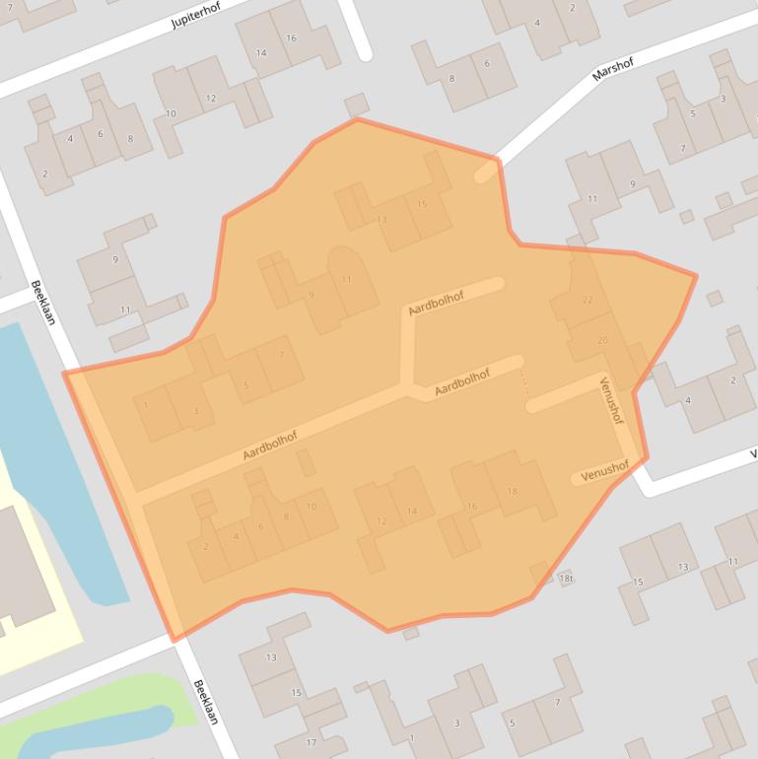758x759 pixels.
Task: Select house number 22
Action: pos(588,300)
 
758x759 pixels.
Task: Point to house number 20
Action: pos(602,340)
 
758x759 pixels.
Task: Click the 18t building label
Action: pos(566,579)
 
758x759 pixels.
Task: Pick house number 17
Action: pos(311,742)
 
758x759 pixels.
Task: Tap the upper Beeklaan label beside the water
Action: pos(42,303)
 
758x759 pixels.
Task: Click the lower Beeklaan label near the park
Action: pos(204,702)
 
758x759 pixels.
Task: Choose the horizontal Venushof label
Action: pos(604,472)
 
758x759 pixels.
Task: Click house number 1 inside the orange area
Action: pos(146,404)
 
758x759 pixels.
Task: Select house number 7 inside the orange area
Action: pos(282,355)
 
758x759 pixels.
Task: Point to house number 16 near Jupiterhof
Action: pos(291,37)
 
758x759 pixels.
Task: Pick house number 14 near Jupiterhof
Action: pos(261,53)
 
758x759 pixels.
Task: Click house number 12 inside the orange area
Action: pos(381,520)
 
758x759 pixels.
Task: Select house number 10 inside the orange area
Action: pos(311,507)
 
